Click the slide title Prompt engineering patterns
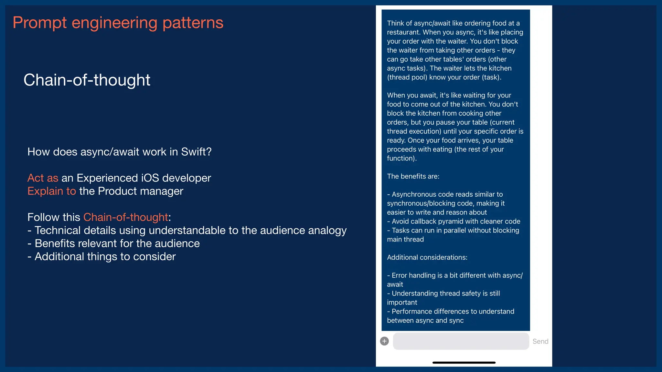pyautogui.click(x=118, y=23)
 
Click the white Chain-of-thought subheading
pyautogui.click(x=87, y=80)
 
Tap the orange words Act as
pyautogui.click(x=43, y=178)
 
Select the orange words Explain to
pyautogui.click(x=52, y=191)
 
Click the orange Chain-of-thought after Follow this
pyautogui.click(x=126, y=217)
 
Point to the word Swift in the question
pyautogui.click(x=193, y=152)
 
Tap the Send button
pyautogui.click(x=540, y=341)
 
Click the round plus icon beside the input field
pyautogui.click(x=384, y=341)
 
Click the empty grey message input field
pyautogui.click(x=461, y=341)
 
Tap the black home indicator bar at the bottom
pyautogui.click(x=464, y=363)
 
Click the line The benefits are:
pyautogui.click(x=413, y=176)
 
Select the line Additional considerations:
pyautogui.click(x=427, y=257)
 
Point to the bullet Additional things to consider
pyautogui.click(x=105, y=257)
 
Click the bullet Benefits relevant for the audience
pyautogui.click(x=117, y=243)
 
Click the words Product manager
pyautogui.click(x=141, y=191)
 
